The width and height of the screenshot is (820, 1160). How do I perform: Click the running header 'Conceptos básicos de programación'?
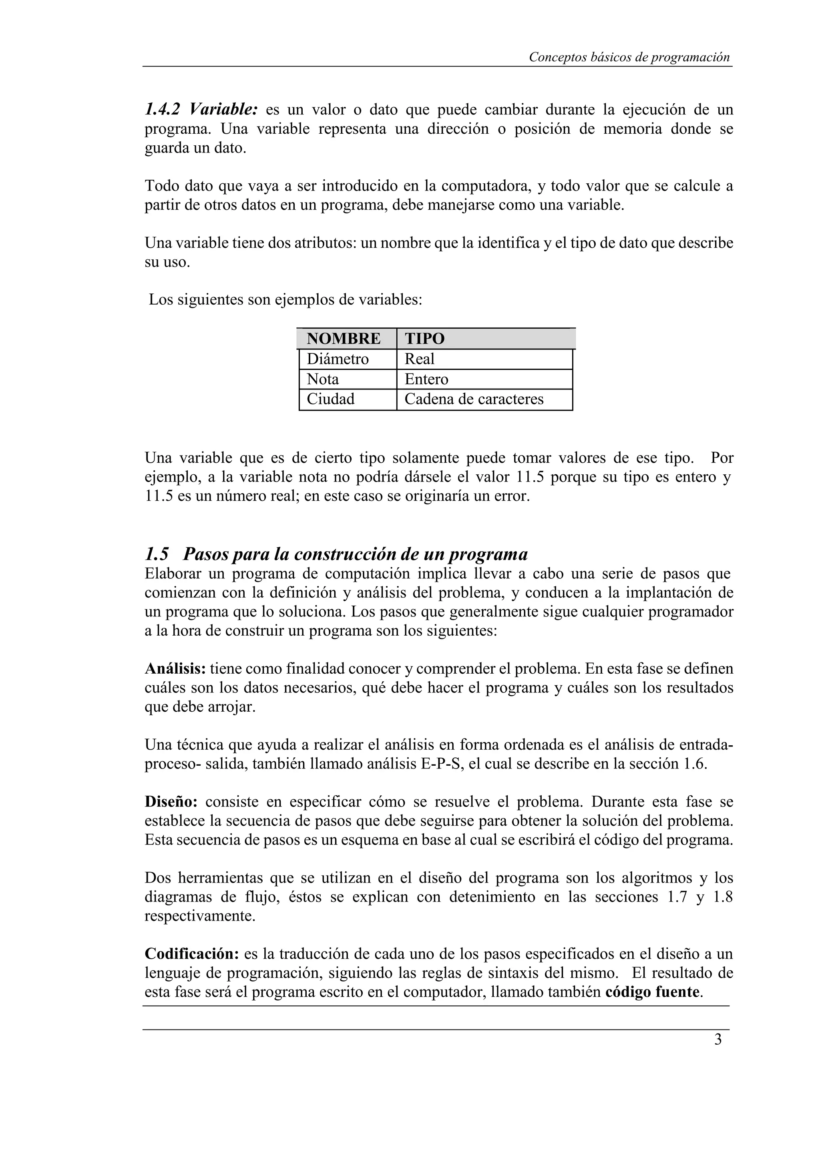coord(629,58)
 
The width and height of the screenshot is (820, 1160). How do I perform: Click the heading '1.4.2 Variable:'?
coord(201,109)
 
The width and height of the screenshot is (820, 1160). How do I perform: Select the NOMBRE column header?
coord(344,339)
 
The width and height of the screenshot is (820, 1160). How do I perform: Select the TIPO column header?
coord(424,339)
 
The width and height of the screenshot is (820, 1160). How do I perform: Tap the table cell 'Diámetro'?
coord(338,359)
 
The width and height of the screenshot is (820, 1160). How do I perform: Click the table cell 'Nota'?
coord(323,379)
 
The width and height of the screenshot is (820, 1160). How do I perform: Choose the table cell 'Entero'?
coord(426,379)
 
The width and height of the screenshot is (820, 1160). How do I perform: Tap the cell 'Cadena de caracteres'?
coord(474,399)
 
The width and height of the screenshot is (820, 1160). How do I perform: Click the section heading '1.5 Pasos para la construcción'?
coord(336,554)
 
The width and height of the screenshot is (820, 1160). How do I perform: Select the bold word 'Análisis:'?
coord(175,669)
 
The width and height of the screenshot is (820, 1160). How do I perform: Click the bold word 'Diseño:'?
coord(171,802)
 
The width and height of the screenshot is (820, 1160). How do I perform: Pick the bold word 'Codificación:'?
coord(191,954)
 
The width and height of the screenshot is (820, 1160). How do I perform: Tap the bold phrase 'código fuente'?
coord(652,992)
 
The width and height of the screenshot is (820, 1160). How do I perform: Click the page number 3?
coord(718,1040)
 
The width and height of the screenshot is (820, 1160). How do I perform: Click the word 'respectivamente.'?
coord(200,916)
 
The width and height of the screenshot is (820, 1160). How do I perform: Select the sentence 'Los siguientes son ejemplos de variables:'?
coord(285,300)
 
